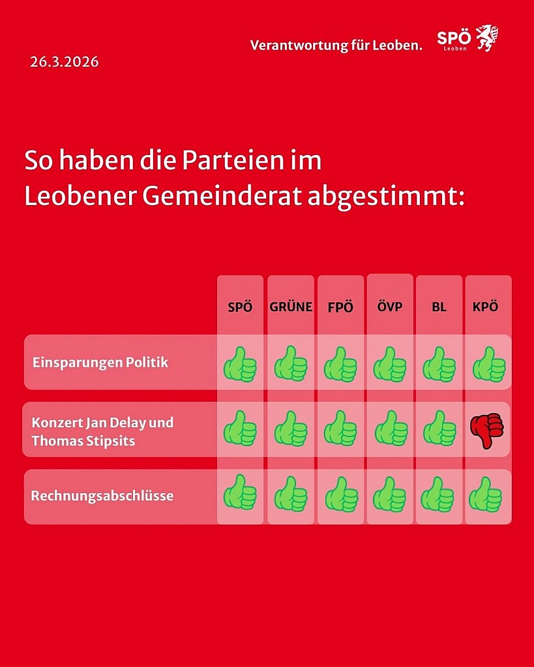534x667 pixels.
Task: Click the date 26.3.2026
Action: pos(64,63)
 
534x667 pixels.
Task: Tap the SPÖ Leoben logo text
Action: pos(453,39)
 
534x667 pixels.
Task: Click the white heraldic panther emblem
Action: pos(486,38)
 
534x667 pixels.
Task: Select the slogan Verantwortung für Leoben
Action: pos(336,46)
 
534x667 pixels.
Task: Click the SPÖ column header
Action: pos(240,307)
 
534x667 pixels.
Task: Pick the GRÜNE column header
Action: pos(291,307)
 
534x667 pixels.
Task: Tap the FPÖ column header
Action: pos(340,307)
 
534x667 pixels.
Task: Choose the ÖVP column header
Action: pos(390,307)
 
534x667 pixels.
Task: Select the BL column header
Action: pos(439,307)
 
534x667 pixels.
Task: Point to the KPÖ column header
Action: pos(485,307)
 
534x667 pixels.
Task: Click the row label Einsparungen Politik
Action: pos(100,362)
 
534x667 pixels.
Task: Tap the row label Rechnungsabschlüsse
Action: pos(102,496)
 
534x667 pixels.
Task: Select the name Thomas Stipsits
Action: pos(83,440)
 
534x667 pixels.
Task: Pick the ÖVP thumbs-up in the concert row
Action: pos(390,428)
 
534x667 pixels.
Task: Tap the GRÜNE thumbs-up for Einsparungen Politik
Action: pos(291,364)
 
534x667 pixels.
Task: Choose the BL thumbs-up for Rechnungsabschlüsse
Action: pos(438,494)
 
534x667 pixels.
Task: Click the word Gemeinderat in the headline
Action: pos(208,196)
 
